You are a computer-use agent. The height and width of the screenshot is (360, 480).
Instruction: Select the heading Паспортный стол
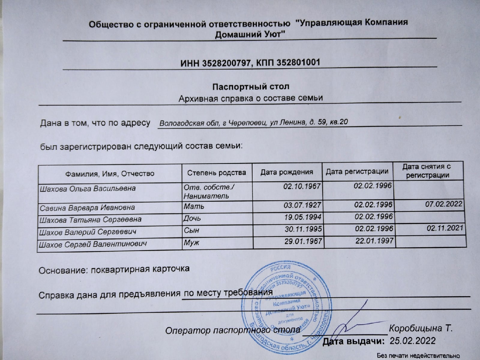[x=251, y=87]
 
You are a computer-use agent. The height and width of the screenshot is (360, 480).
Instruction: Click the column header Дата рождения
[x=286, y=172]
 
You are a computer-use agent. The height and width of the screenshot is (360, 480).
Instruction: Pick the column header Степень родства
[x=217, y=173]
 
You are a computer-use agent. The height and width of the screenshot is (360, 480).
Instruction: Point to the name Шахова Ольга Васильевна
[x=88, y=189]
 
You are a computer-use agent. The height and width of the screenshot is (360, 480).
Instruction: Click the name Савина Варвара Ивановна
[x=87, y=207]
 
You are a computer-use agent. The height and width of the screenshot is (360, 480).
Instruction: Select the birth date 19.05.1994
[x=303, y=217]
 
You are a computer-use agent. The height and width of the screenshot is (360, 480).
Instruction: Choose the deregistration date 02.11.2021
[x=445, y=228]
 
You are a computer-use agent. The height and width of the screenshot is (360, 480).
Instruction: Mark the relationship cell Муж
[x=191, y=242]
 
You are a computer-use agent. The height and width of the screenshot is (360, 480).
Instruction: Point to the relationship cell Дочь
[x=192, y=218]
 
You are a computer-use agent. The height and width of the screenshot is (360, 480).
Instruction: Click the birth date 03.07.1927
[x=302, y=205]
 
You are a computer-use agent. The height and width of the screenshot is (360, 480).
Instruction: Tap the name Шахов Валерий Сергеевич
[x=88, y=232]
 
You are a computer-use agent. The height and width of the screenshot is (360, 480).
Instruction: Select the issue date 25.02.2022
[x=412, y=340]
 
